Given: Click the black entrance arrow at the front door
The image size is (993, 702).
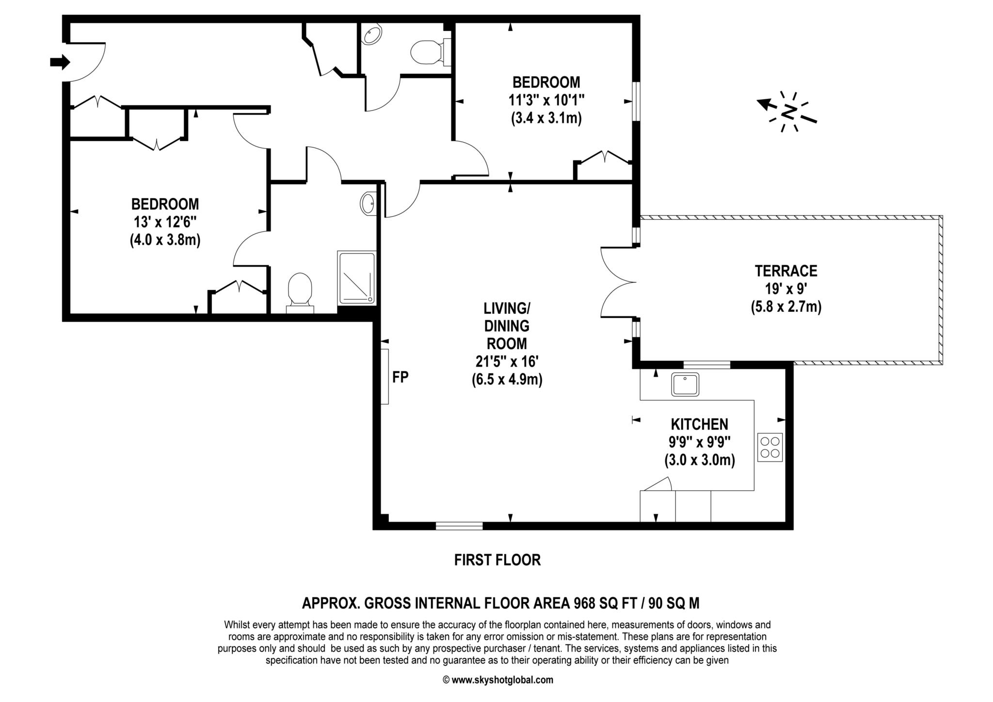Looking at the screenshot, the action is [x=60, y=62].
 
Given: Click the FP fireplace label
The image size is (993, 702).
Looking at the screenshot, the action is [x=400, y=377].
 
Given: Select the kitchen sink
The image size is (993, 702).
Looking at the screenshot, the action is [x=685, y=384].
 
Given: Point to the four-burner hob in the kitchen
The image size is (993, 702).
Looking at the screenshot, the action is [x=770, y=447].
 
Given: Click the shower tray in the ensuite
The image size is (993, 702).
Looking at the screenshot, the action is [x=357, y=278].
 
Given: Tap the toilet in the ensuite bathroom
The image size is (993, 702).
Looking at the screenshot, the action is [x=300, y=292].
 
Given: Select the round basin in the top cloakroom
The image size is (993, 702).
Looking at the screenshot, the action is [x=372, y=34].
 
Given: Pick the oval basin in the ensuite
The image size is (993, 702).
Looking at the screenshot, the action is [x=368, y=203].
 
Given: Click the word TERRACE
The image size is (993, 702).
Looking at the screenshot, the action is [x=786, y=271].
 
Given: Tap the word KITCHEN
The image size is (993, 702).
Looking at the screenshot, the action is [x=699, y=424].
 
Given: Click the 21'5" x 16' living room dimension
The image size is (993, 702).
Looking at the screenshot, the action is [x=507, y=362].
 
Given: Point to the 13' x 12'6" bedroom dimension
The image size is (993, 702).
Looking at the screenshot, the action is [x=165, y=222].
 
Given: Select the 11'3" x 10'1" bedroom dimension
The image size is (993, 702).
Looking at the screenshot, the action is [x=546, y=100].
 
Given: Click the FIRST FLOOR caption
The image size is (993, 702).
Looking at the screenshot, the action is [x=497, y=560].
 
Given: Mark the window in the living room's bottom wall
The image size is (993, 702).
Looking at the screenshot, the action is [x=459, y=526].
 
